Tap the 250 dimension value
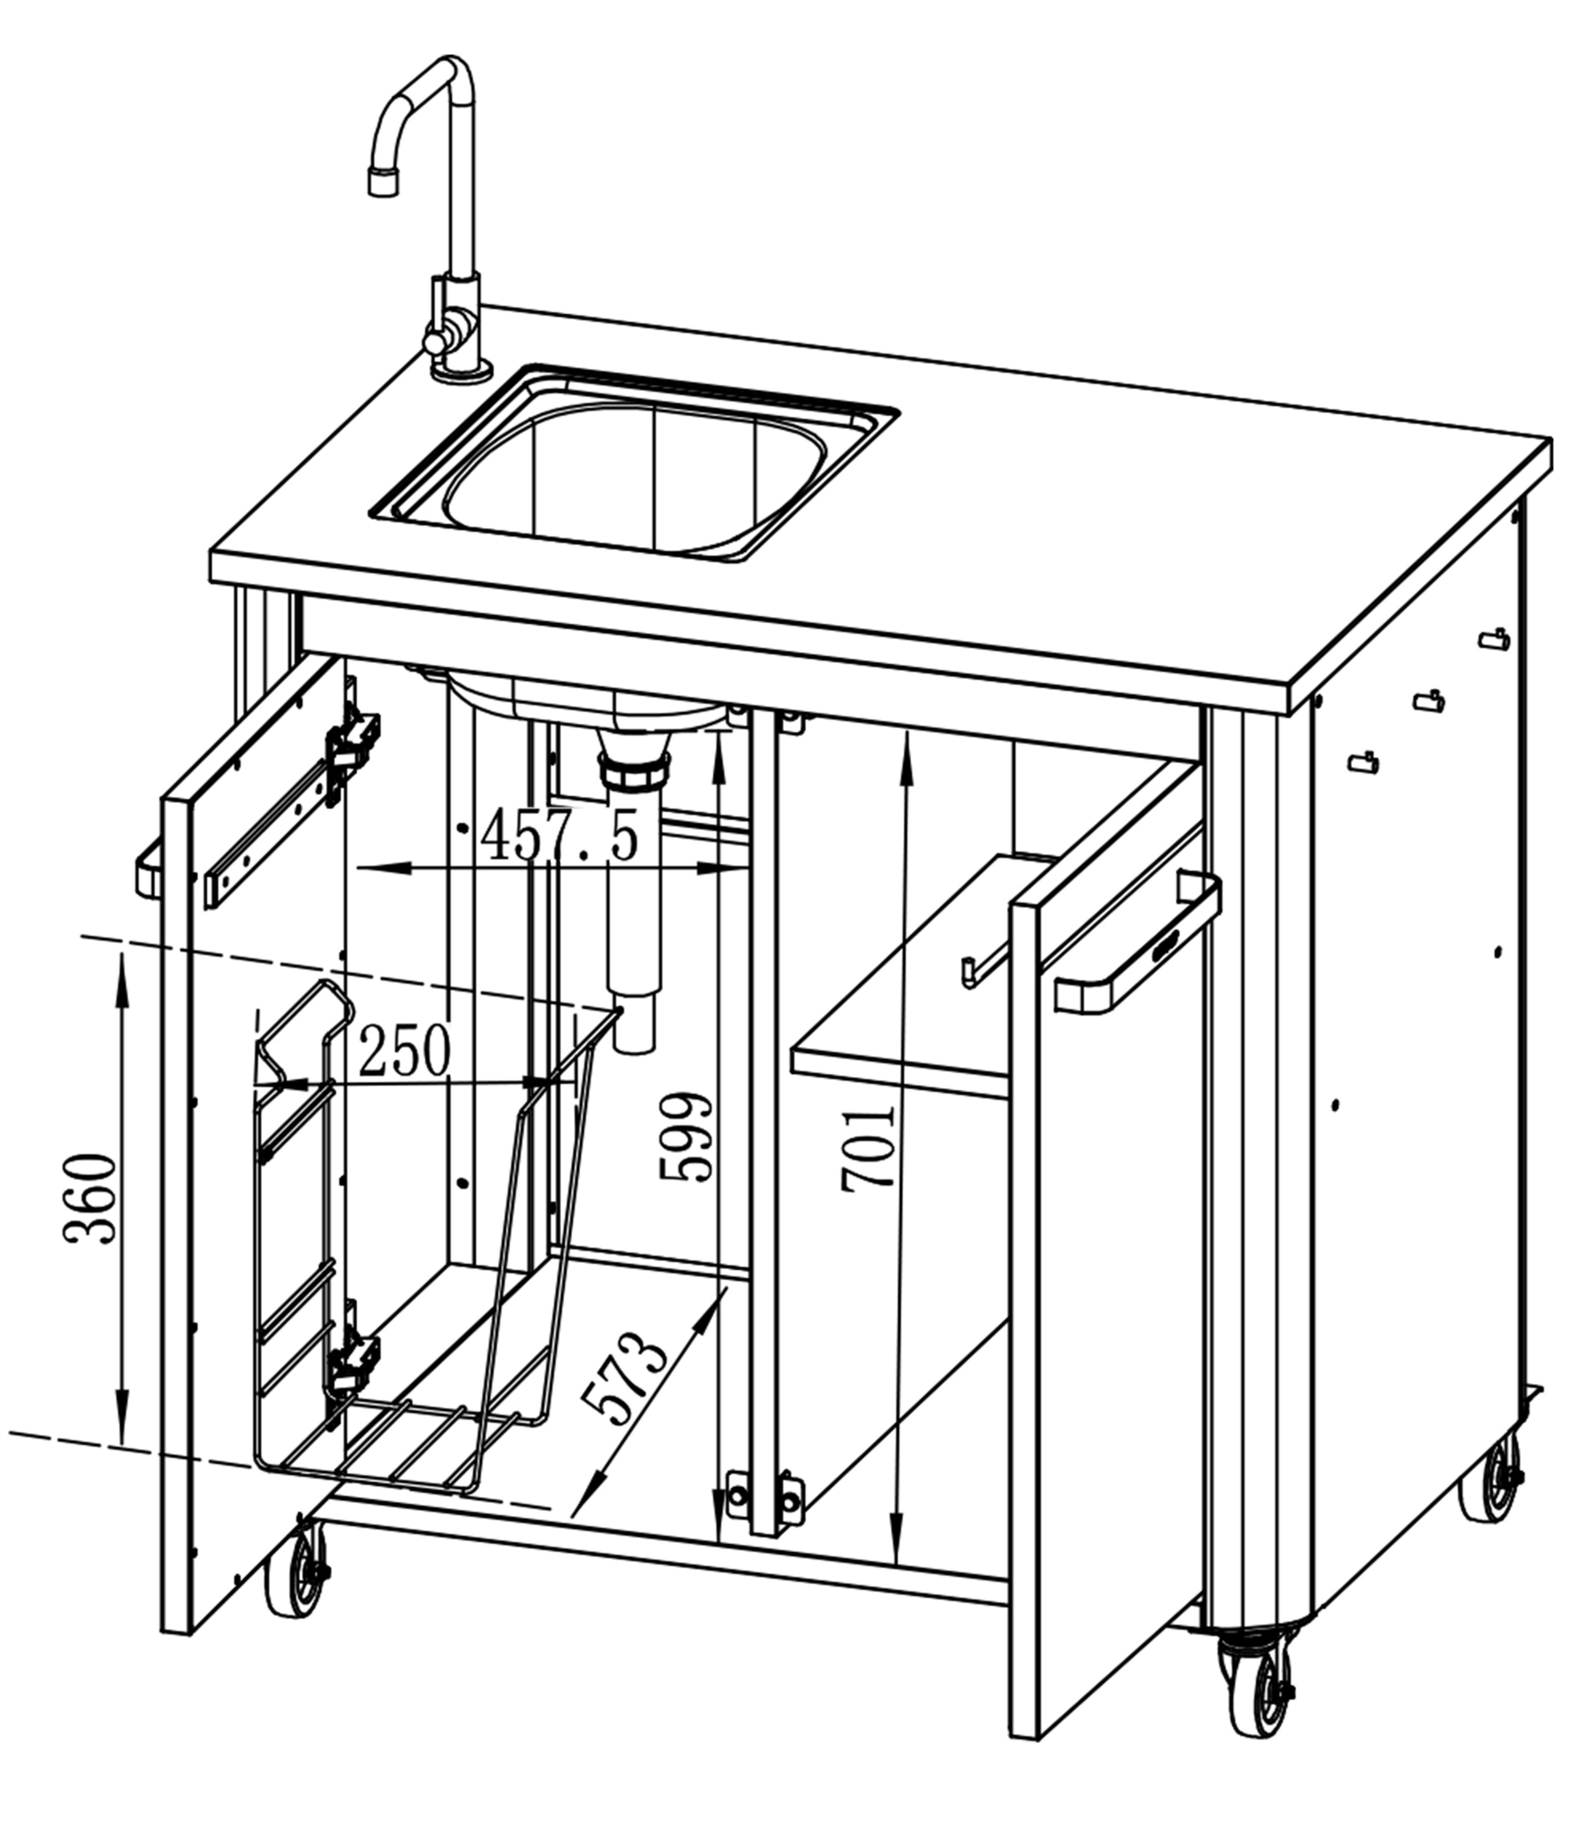tap(405, 1051)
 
